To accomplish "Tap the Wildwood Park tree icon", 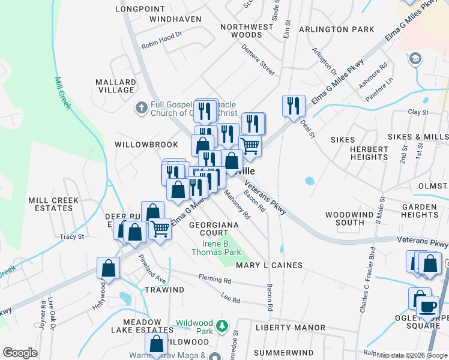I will [x=222, y=326].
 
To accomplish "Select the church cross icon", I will [x=141, y=108].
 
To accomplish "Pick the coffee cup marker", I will [x=427, y=307].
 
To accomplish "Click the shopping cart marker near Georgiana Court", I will [x=160, y=228].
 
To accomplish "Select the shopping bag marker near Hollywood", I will [x=109, y=269].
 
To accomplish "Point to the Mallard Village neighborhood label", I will [x=116, y=86].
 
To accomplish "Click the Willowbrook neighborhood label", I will [x=147, y=145].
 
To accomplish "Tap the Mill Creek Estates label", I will [x=50, y=204].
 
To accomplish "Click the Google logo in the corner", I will [x=20, y=353].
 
